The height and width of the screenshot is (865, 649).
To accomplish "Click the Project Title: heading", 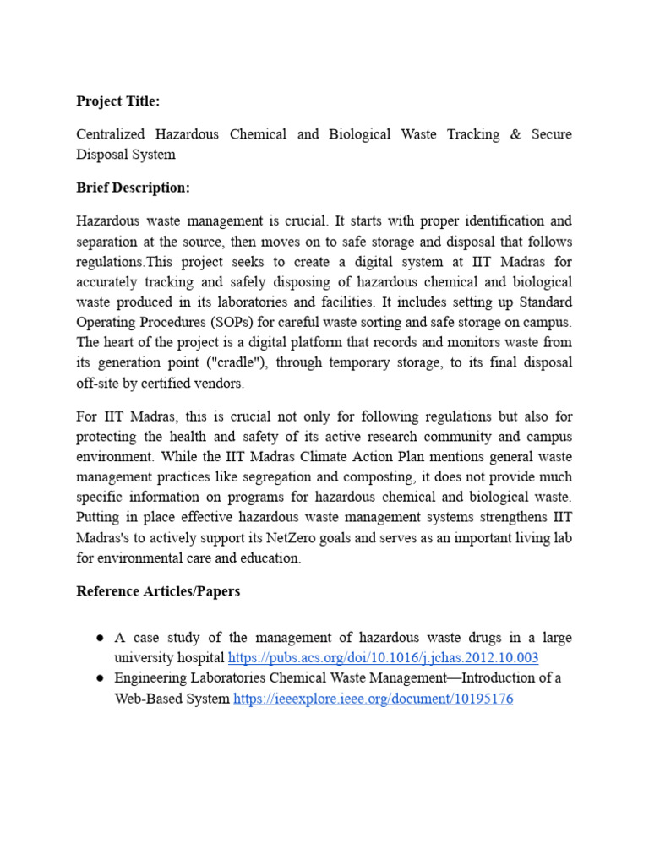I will click(x=117, y=101).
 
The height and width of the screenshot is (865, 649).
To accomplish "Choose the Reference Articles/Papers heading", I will click(x=158, y=591).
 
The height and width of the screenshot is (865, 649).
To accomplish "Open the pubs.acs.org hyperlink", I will click(x=383, y=657).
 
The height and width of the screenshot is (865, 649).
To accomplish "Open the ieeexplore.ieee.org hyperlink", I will click(x=373, y=699).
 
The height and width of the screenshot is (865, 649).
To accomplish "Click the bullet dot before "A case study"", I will click(x=99, y=638).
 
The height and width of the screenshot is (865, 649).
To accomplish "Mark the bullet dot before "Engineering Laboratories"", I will click(x=99, y=678).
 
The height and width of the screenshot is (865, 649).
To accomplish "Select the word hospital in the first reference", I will click(x=199, y=657).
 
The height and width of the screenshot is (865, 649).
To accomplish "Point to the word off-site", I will click(x=95, y=383).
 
